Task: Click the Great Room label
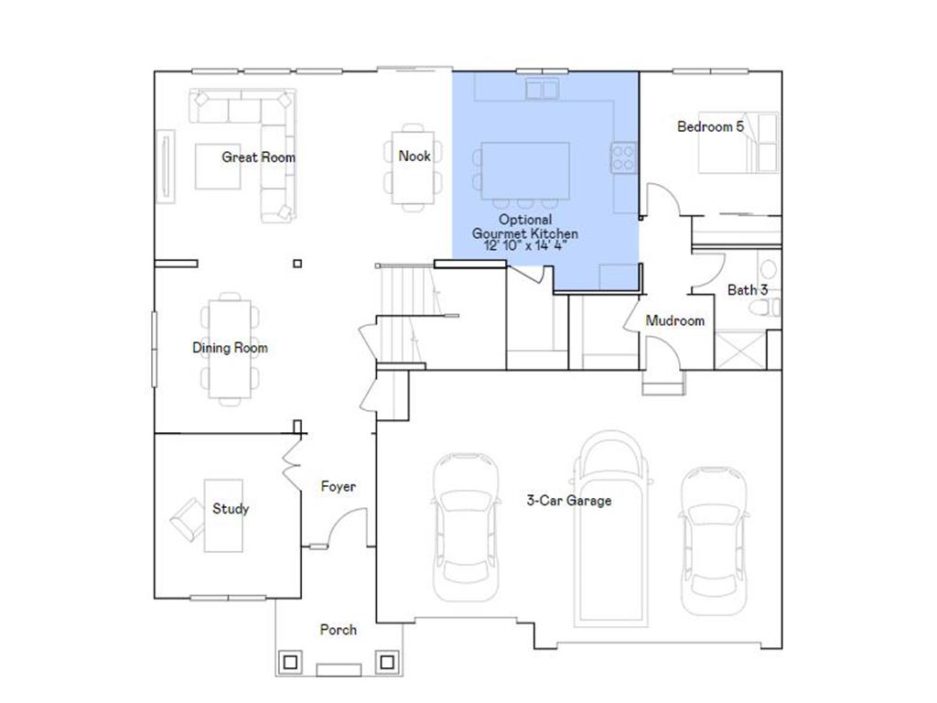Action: click(x=259, y=157)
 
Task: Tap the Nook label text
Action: click(x=414, y=157)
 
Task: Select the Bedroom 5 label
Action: click(x=710, y=126)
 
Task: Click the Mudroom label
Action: click(x=675, y=320)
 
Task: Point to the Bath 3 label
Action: click(x=747, y=290)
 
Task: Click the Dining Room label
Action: click(x=230, y=348)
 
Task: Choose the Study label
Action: click(x=231, y=509)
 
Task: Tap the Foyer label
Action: click(x=338, y=487)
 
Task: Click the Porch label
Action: click(x=338, y=630)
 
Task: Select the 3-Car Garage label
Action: click(x=568, y=501)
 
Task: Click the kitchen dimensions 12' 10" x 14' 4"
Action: click(x=524, y=247)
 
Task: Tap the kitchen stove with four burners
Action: click(x=624, y=158)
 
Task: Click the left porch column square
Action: click(x=292, y=661)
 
